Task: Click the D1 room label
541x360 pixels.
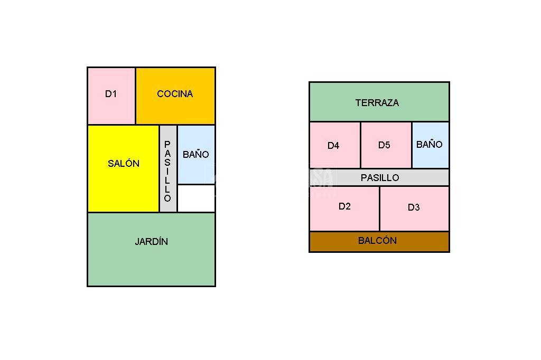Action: pyautogui.click(x=110, y=94)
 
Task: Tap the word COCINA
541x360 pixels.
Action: pyautogui.click(x=175, y=94)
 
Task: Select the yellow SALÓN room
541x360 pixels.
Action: pyautogui.click(x=123, y=168)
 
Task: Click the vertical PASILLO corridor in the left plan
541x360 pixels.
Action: pyautogui.click(x=168, y=169)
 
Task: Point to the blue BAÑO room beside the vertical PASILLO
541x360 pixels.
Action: pyautogui.click(x=196, y=154)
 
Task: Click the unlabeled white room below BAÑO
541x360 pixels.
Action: pyautogui.click(x=196, y=198)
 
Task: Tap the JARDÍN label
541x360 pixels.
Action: pyautogui.click(x=151, y=242)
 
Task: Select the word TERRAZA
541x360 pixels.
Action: pyautogui.click(x=377, y=103)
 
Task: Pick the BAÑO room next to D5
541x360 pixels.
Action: pyautogui.click(x=430, y=145)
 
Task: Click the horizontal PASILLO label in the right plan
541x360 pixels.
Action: pyautogui.click(x=380, y=178)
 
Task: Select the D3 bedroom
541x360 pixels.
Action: pyautogui.click(x=414, y=208)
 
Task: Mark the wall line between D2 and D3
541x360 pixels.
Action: pyautogui.click(x=379, y=209)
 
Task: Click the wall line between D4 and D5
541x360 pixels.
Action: pyautogui.click(x=360, y=145)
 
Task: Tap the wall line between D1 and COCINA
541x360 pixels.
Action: pyautogui.click(x=136, y=96)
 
